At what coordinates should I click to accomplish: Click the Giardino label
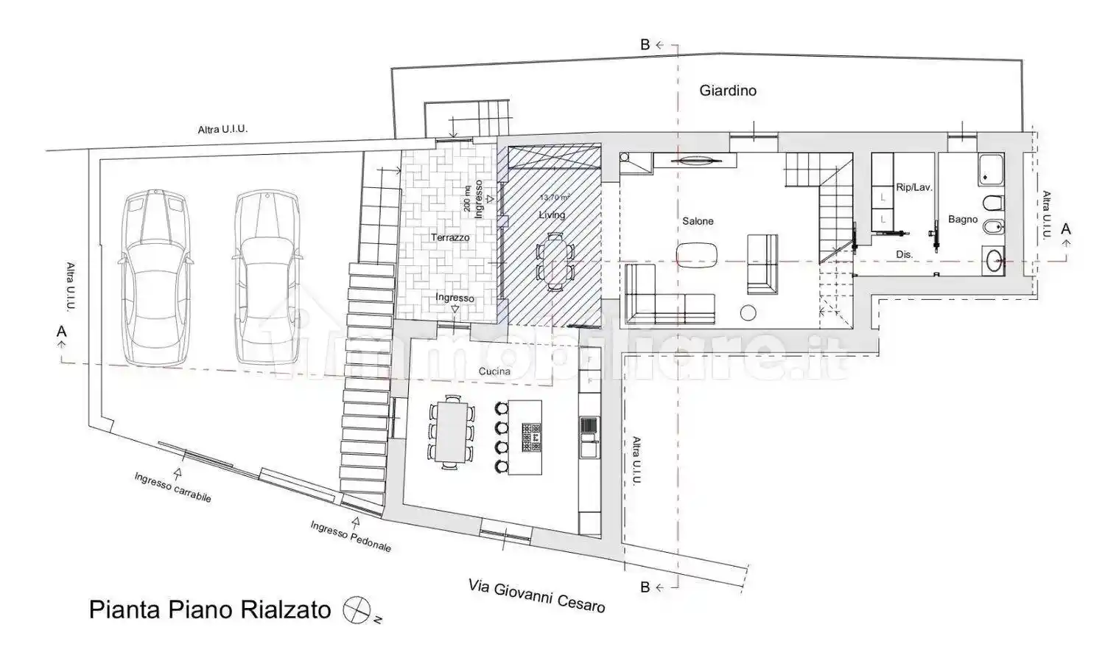tap(728, 91)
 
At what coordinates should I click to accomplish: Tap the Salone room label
tap(697, 221)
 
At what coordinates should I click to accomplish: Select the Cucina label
tap(494, 371)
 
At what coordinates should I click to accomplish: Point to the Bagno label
tap(962, 219)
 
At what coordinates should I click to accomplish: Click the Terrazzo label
tap(450, 237)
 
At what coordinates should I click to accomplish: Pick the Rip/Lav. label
tap(913, 187)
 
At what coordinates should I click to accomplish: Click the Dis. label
tap(904, 254)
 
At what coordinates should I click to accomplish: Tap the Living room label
tap(552, 215)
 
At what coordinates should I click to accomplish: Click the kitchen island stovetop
tap(532, 437)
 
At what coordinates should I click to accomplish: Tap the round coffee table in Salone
tap(748, 312)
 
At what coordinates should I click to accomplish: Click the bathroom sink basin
tap(994, 260)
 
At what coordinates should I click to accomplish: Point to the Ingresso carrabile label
tap(172, 488)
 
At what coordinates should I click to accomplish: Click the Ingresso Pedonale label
tap(351, 537)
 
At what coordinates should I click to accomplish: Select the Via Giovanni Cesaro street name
tap(536, 595)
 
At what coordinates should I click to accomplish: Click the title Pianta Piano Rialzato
tap(210, 610)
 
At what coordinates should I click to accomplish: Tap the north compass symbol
tap(356, 609)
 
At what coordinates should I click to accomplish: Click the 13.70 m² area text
tap(555, 198)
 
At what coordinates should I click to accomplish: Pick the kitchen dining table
tap(449, 430)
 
